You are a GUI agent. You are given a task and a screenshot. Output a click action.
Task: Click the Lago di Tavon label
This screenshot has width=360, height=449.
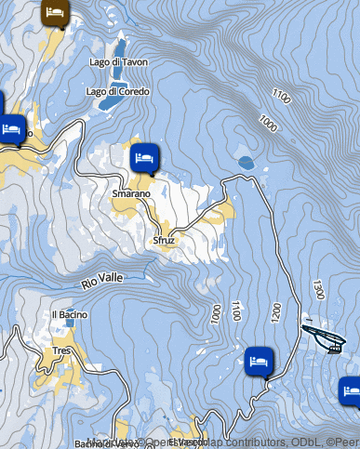point(116,62)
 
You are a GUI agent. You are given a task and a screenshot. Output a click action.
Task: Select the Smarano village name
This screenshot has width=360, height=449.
point(130,193)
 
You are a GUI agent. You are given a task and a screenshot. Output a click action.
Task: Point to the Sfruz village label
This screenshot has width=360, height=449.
point(165,240)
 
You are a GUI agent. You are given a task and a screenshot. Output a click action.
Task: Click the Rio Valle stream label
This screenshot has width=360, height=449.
point(101,279)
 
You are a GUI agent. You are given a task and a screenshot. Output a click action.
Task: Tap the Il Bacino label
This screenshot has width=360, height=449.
point(70,314)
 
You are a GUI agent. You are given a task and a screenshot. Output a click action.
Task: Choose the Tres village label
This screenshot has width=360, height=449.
point(62,350)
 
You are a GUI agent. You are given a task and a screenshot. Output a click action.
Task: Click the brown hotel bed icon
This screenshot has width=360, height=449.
point(55,13)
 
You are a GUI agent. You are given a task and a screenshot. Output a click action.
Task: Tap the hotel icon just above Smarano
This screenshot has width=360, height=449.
point(143,158)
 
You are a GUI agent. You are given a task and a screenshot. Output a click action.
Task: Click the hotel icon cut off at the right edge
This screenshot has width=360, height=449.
point(351,390)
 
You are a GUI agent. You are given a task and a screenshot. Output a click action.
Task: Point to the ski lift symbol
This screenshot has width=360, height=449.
point(327,337)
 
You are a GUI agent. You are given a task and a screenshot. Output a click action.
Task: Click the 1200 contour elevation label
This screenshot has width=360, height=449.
point(274,312)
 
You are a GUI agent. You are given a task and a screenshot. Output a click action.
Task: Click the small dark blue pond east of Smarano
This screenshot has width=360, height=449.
point(246,163)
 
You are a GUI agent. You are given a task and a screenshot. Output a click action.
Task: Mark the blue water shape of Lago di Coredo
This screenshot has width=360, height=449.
point(108,103)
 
